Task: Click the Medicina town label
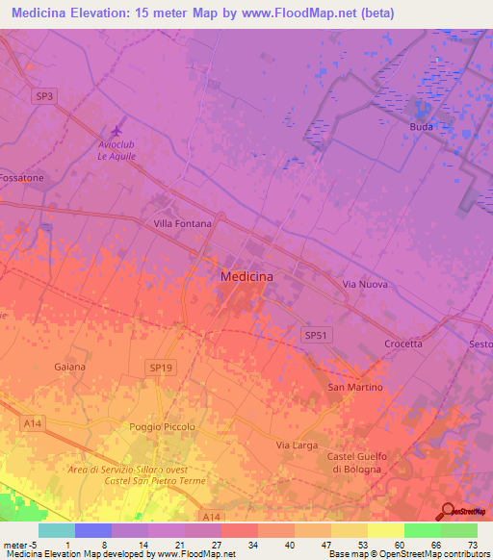pos(246,276)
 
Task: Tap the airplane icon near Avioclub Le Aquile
pos(117,130)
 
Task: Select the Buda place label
pos(421,127)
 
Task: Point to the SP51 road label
pos(316,335)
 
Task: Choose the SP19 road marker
pos(162,368)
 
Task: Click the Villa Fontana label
pos(182,223)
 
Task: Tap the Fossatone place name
pos(21,179)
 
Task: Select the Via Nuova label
pos(364,286)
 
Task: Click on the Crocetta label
pos(402,344)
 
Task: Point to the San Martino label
pos(355,387)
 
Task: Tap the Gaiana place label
pos(70,368)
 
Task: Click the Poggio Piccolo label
pos(162,426)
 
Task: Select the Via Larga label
pos(297,445)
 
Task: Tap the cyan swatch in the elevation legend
pos(57,530)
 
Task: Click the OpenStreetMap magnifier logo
pos(449,513)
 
